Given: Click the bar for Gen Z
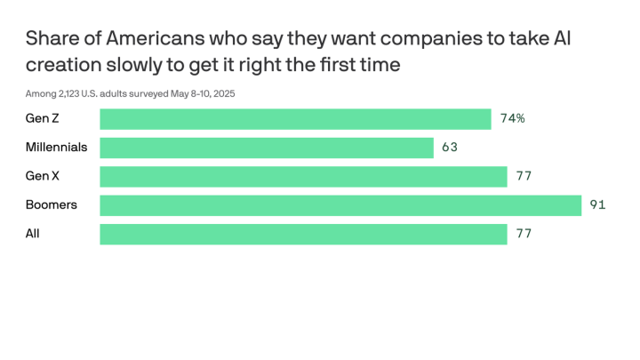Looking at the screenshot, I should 295,119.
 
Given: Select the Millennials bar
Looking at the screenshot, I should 267,148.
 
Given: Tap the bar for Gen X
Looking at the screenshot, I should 303,176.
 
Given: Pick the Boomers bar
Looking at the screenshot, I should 340,205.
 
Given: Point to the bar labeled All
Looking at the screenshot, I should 303,234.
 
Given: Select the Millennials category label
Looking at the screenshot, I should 56,148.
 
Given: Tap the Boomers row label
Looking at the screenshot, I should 52,205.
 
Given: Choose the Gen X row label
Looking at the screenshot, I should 43,176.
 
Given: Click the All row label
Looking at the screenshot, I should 33,234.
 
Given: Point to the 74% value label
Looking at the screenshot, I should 512,119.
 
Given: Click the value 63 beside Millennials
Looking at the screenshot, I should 449,148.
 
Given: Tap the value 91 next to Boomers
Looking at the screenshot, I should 597,205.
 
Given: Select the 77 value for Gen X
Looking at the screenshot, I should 524,176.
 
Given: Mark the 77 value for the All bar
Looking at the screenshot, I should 524,234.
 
